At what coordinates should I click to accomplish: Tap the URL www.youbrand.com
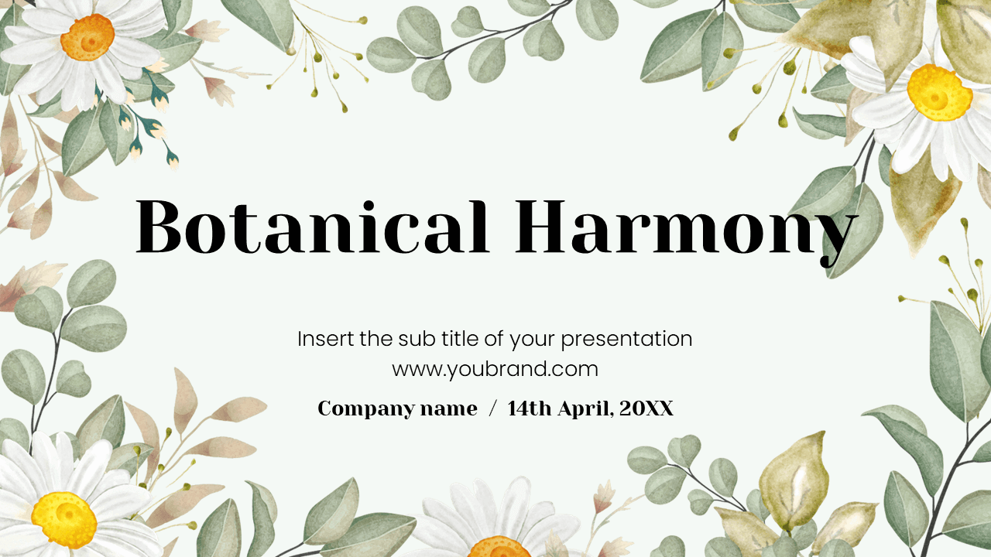[495, 369]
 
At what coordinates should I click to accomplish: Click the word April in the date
[582, 409]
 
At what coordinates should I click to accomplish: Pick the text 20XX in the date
[646, 409]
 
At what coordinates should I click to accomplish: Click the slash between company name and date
[492, 409]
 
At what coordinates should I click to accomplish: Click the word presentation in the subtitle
[626, 339]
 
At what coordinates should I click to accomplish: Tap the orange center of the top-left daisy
[87, 36]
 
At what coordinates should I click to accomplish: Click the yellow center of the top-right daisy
[938, 92]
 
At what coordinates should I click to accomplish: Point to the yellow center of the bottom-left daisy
[63, 519]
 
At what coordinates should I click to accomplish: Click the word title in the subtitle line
[461, 339]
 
